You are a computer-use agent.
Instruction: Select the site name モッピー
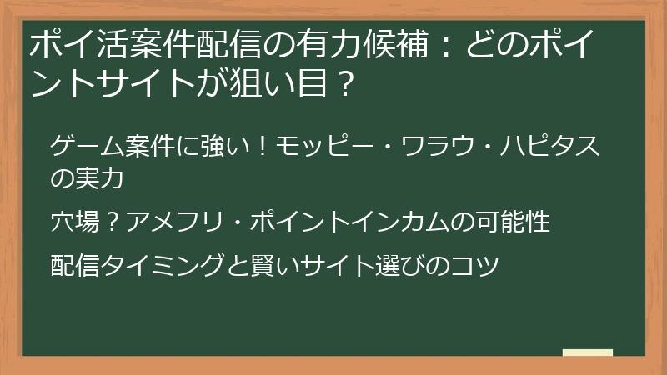(320, 147)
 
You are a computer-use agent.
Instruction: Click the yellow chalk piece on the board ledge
(587, 352)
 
